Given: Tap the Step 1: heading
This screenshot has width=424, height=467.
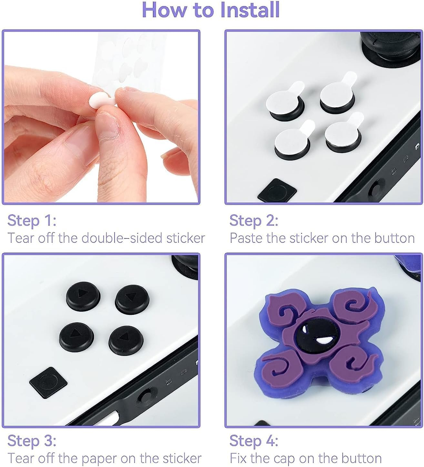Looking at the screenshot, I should [x=32, y=221].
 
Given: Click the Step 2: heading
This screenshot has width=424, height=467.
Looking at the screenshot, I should [x=254, y=221].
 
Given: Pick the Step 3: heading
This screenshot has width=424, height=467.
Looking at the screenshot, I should [x=32, y=441].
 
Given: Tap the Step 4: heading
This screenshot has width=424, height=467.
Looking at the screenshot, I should [x=254, y=441].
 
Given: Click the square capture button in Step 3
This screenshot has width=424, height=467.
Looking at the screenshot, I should [x=48, y=382].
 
